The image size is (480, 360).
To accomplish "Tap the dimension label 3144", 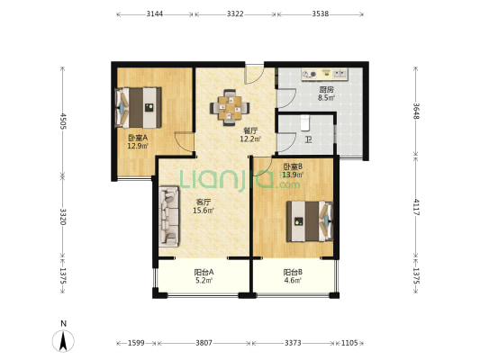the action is tap(155, 13).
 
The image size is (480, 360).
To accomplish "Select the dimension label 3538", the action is tap(321, 13).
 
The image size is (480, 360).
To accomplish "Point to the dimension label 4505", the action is tap(63, 121).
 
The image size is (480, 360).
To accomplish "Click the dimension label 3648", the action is tap(416, 111).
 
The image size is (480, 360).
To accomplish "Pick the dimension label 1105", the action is tap(349, 343).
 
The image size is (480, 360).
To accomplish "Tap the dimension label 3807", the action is tap(204, 343).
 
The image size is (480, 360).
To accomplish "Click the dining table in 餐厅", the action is tap(230, 108).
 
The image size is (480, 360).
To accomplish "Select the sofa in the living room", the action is tap(169, 216).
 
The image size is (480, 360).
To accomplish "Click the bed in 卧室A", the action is tap(138, 108).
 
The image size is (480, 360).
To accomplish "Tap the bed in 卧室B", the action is tap(310, 221).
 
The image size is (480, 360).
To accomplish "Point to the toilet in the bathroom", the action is tap(304, 123).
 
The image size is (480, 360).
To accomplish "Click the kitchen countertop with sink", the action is tap(324, 75).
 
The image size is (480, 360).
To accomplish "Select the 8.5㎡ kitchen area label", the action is tap(326, 98).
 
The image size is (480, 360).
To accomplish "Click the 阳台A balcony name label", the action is tap(204, 272).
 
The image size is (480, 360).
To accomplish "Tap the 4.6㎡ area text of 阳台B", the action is tap(293, 280).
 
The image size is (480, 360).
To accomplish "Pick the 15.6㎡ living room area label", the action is tap(204, 211).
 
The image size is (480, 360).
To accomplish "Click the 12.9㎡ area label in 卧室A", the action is tap(138, 146).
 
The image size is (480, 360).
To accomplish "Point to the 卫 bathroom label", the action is tap(309, 140).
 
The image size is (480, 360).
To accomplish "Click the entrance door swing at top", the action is tap(255, 75).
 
